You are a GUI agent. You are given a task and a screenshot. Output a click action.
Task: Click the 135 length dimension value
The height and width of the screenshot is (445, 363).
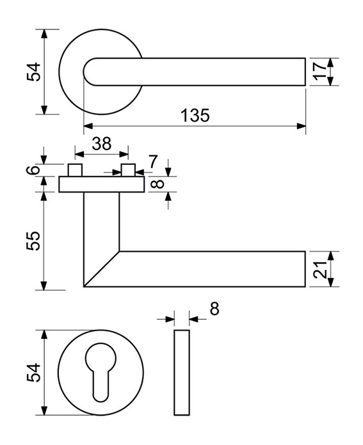tap(195, 115)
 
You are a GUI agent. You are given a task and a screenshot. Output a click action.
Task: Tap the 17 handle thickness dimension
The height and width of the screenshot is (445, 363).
tap(320, 72)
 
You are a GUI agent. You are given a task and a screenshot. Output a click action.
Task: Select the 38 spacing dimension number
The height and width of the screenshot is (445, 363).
tap(102, 144)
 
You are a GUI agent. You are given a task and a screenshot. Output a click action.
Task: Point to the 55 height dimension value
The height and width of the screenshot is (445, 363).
tap(33, 240)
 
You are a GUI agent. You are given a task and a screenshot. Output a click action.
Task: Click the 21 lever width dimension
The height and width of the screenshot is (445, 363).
tap(320, 269)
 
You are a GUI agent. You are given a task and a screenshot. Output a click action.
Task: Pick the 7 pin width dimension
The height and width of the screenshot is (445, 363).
tap(153, 162)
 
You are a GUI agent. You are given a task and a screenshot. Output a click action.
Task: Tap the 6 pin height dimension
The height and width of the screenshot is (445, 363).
tap(34, 169)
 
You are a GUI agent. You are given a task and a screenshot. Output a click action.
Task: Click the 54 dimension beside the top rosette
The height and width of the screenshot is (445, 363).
tap(34, 72)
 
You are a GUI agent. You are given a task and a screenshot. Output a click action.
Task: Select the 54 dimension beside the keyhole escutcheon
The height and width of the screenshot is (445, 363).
tap(34, 372)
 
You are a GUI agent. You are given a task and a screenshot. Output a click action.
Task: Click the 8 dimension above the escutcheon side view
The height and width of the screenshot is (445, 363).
tap(214, 309)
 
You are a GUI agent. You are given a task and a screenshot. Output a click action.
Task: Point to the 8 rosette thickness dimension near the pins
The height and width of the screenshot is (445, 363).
tap(157, 183)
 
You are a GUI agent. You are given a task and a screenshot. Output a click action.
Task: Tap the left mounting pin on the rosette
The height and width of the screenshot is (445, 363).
tap(75, 170)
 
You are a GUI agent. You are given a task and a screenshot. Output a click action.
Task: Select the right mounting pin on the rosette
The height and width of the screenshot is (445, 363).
tap(128, 170)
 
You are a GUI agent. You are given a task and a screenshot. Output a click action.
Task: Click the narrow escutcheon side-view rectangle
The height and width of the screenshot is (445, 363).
tap(182, 372)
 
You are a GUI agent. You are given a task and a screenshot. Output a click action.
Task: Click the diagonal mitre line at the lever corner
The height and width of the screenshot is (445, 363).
tap(102, 269)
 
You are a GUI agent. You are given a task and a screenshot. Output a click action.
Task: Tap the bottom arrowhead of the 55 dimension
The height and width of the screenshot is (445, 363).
tap(44, 286)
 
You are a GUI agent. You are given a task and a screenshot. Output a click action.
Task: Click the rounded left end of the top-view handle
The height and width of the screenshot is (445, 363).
tap(90, 72)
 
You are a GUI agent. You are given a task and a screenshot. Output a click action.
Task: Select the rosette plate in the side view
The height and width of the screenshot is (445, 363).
tap(102, 184)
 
